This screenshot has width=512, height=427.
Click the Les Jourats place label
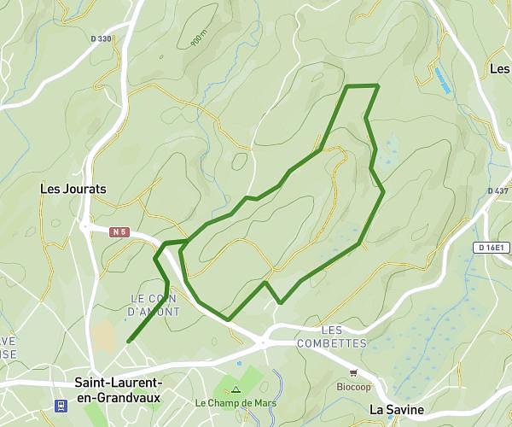73,189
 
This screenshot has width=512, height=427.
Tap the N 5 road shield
119,231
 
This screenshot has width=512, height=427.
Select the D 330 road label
101,38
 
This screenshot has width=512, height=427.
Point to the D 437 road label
497,190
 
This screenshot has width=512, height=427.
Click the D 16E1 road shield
492,247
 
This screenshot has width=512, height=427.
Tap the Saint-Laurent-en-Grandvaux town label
119,390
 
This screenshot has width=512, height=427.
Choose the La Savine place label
397,410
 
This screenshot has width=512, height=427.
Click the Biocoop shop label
353,386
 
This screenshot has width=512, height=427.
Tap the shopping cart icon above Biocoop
353,372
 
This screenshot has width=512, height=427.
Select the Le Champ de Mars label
236,402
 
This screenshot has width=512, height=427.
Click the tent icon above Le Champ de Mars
236,389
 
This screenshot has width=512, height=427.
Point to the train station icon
62,405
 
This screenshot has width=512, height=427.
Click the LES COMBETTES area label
331,336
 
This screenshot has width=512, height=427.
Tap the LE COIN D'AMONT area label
154,305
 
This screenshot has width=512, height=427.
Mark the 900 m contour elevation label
198,38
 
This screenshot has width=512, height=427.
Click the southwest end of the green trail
128,342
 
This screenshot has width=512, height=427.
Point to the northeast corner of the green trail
377,85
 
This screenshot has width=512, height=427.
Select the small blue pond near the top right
442,81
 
